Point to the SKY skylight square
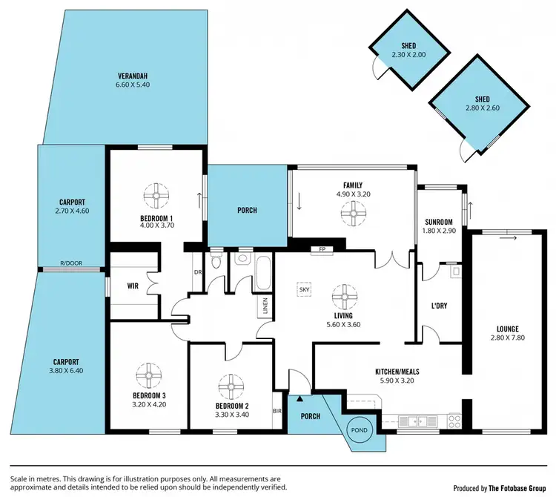(303, 290)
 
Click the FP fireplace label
(322, 249)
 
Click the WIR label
(133, 284)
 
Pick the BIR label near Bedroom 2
(277, 410)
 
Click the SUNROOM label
(438, 222)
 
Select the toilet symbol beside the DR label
(215, 262)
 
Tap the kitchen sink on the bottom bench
(411, 421)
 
